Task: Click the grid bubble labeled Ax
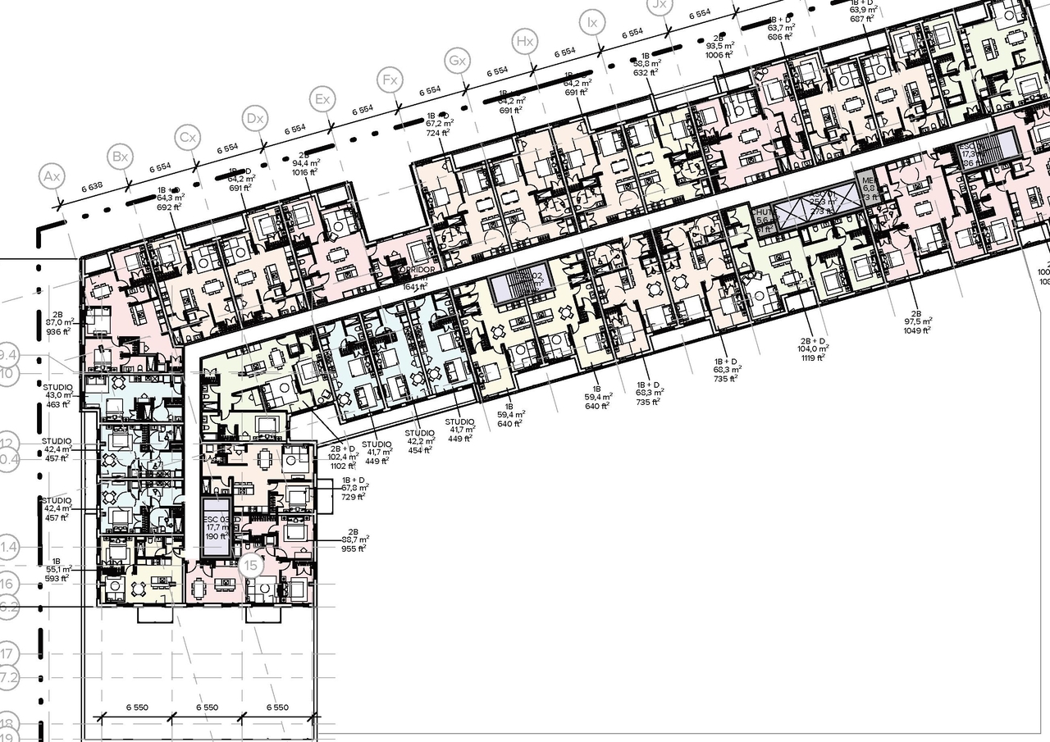pyautogui.click(x=52, y=177)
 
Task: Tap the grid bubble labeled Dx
pyautogui.click(x=256, y=119)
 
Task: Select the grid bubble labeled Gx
pyautogui.click(x=457, y=61)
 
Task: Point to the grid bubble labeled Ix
pyautogui.click(x=591, y=22)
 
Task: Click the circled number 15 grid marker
pyautogui.click(x=252, y=566)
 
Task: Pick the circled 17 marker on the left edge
pyautogui.click(x=7, y=654)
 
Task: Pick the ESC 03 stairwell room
pyautogui.click(x=217, y=528)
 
